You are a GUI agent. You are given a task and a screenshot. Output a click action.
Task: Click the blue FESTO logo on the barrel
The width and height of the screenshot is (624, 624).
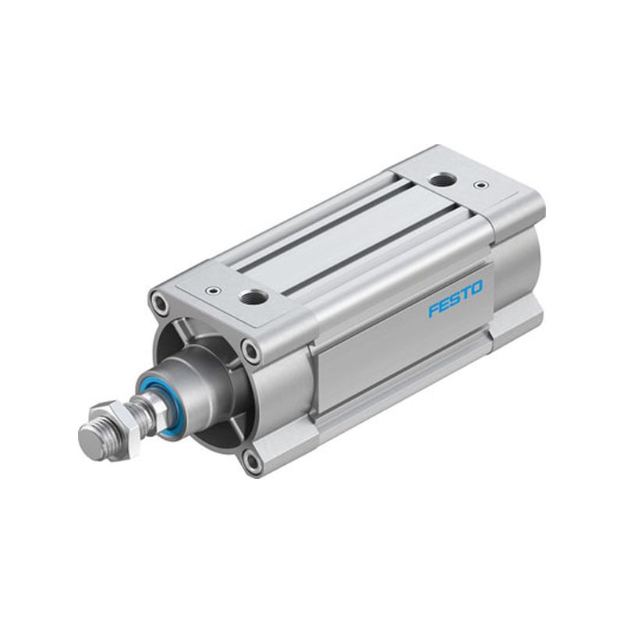tap(456, 298)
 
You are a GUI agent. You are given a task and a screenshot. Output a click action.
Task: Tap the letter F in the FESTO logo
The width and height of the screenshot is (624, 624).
tap(434, 310)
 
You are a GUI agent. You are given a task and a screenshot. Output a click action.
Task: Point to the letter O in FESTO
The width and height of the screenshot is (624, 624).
tap(477, 287)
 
